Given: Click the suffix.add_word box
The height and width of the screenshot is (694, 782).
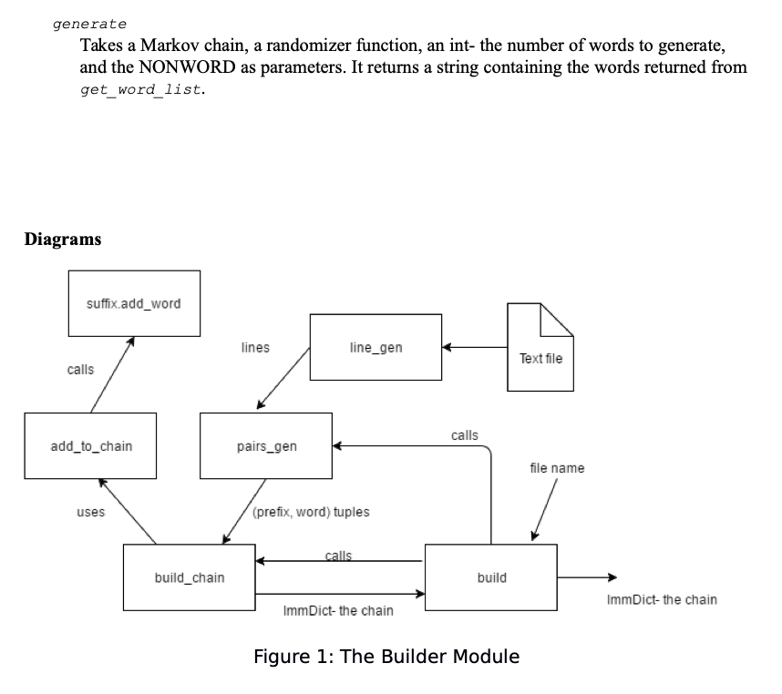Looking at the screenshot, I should click(135, 303).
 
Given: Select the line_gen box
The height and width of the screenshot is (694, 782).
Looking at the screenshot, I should click(376, 347).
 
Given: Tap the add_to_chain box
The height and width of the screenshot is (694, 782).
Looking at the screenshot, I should click(90, 445).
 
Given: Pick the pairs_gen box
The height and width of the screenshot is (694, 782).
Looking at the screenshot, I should click(266, 446).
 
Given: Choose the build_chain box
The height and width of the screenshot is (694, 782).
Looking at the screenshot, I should click(190, 577).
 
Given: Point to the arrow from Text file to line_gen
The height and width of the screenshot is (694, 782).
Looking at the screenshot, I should click(475, 347).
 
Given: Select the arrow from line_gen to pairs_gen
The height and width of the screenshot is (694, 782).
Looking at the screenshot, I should click(284, 380).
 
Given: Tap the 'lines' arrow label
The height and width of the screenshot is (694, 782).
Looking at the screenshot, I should click(255, 347).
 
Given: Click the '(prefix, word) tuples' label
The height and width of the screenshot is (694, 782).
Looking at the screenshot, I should click(311, 512).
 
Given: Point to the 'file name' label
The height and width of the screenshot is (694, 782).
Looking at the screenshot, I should click(557, 468).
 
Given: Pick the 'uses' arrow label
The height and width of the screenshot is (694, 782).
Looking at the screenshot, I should click(90, 512).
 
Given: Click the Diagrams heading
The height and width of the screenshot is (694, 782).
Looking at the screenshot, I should click(63, 240).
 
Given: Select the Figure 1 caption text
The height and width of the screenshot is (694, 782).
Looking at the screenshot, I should click(386, 656).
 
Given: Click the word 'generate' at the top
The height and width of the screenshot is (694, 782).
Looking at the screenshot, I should click(89, 23).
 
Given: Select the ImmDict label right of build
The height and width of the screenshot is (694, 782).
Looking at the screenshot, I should click(661, 599).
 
